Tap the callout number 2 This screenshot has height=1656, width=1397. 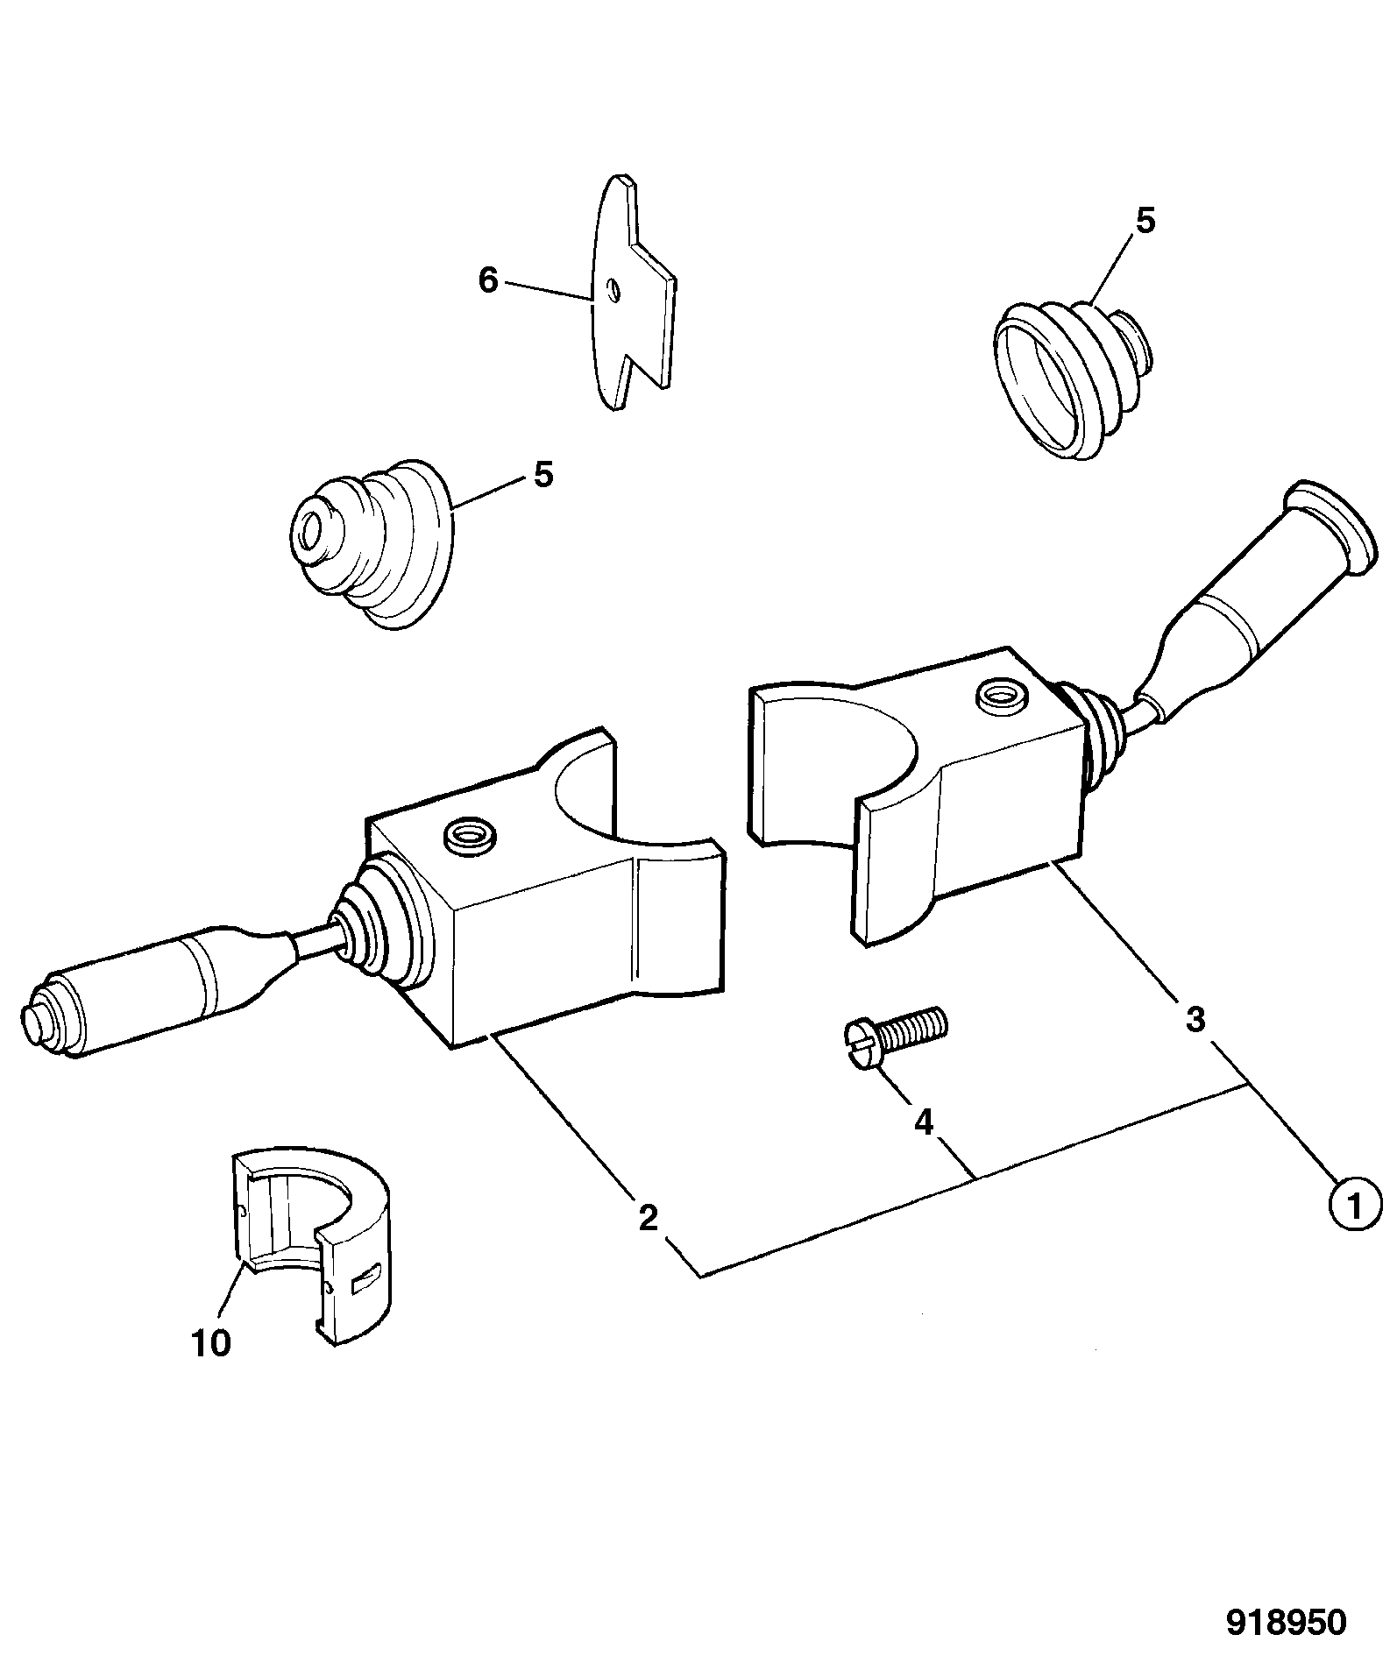[648, 1217]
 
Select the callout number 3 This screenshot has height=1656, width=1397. [1195, 1019]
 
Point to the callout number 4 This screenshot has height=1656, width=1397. [924, 1122]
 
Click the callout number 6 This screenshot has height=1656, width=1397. [488, 280]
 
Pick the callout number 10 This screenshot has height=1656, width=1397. [211, 1342]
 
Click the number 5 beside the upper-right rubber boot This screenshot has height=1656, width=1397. [1146, 221]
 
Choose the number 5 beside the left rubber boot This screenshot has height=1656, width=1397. [543, 475]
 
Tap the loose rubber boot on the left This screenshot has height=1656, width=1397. [372, 542]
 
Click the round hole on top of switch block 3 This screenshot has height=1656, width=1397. [1003, 696]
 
